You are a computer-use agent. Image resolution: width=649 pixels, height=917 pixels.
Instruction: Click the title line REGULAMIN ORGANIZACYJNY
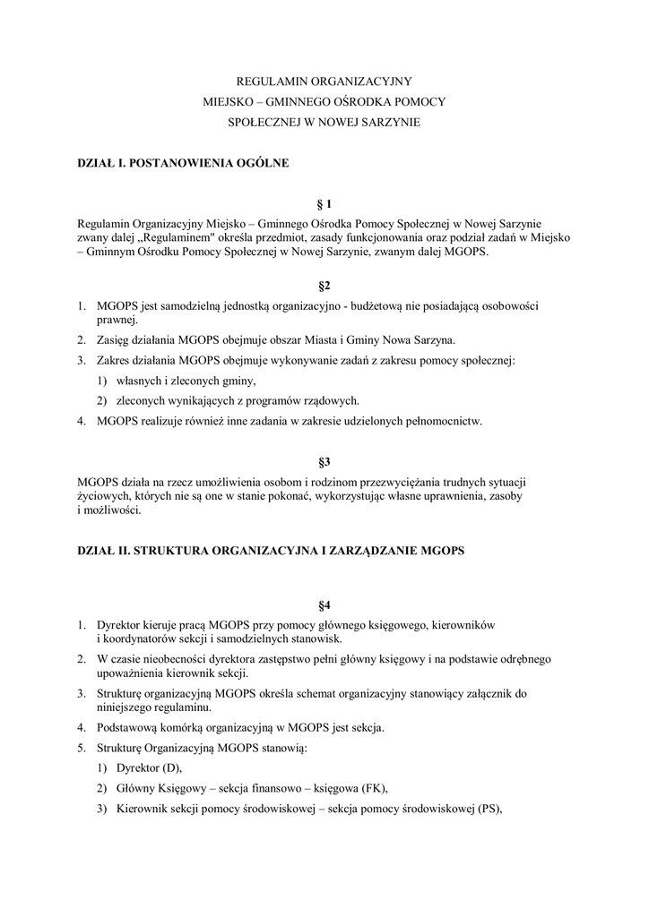tap(324, 80)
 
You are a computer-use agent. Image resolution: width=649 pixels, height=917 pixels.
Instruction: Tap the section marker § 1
tap(324, 204)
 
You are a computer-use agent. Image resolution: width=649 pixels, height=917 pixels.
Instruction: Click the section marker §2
tap(324, 286)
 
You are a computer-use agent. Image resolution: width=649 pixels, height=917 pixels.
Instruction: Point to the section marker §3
tap(324, 461)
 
